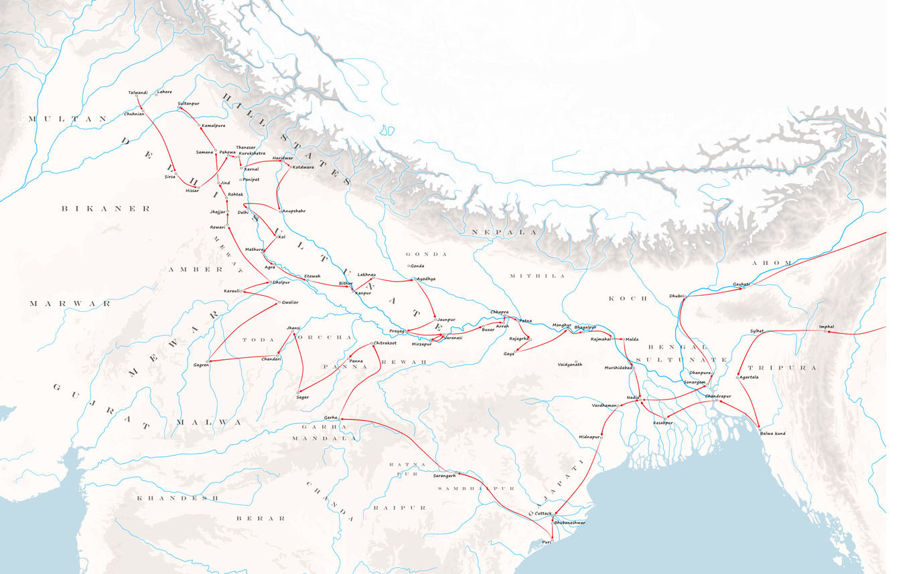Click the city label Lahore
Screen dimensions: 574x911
coord(165,92)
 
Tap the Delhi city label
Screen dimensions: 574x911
coord(243,212)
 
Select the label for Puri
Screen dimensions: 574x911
coord(546,542)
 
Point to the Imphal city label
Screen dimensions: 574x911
coord(827,326)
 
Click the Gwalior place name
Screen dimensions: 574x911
coord(290,302)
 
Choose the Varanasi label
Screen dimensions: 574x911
coord(453,338)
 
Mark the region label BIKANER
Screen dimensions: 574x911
coord(107,209)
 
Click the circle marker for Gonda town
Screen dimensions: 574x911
coord(409,266)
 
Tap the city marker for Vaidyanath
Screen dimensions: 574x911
coord(576,362)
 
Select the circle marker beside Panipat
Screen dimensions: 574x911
coord(240,180)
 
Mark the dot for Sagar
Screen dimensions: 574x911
coord(298,393)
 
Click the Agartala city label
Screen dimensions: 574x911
coord(749,377)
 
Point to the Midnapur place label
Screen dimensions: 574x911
coord(589,437)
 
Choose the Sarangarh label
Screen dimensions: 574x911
coord(444,475)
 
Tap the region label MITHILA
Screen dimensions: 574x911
coord(537,276)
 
